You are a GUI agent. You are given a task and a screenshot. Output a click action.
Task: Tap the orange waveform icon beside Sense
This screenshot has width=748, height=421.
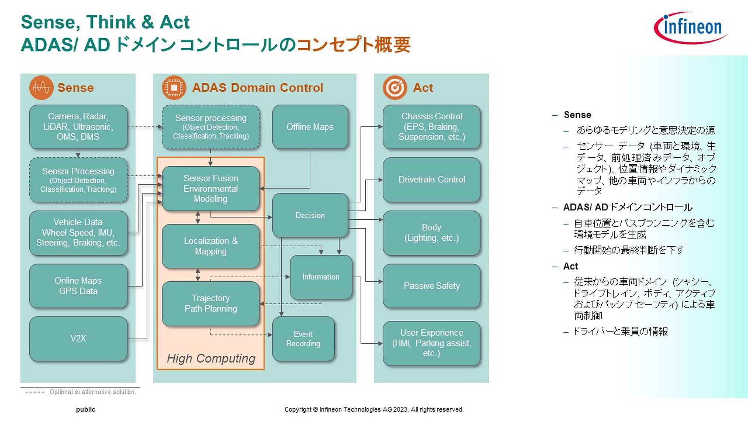[x=41, y=88]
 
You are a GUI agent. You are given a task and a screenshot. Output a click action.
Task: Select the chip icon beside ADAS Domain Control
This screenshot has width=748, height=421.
[x=174, y=88]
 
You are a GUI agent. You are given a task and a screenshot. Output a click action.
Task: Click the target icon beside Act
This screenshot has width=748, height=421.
[x=395, y=88]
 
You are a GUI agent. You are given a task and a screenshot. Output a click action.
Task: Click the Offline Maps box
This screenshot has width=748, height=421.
[x=310, y=127]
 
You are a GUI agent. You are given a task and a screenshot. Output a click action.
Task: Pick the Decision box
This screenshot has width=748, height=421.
[x=310, y=215]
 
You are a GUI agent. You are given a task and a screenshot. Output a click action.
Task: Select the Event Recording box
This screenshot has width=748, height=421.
[x=303, y=339]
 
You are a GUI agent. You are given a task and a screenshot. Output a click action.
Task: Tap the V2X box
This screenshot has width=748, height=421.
[x=78, y=339]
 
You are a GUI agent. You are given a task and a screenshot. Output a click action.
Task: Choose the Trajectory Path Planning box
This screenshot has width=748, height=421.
[x=211, y=303]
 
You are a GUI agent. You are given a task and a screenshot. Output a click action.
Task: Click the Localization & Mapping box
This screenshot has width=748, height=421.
[x=211, y=246]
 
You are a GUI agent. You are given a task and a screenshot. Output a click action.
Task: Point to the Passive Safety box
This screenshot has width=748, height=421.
[x=431, y=286]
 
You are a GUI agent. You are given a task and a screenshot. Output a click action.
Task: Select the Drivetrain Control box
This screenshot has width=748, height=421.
[x=431, y=180]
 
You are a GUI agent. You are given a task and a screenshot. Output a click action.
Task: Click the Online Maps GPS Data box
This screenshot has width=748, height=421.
[x=78, y=286]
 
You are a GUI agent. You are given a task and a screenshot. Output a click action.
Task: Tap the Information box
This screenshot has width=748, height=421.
[x=321, y=277]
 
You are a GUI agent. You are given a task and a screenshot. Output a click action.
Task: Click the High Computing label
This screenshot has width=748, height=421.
[x=211, y=358]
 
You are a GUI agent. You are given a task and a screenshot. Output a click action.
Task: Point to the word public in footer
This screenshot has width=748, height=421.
[x=86, y=409]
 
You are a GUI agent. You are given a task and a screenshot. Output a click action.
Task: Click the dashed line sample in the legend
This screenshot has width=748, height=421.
[x=35, y=392]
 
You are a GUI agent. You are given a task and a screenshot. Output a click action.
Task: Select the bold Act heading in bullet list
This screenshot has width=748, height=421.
[x=570, y=266]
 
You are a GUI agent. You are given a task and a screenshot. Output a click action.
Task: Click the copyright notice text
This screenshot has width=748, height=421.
[x=374, y=409]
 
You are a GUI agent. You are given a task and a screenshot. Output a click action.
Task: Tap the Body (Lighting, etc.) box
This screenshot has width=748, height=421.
[x=431, y=233]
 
